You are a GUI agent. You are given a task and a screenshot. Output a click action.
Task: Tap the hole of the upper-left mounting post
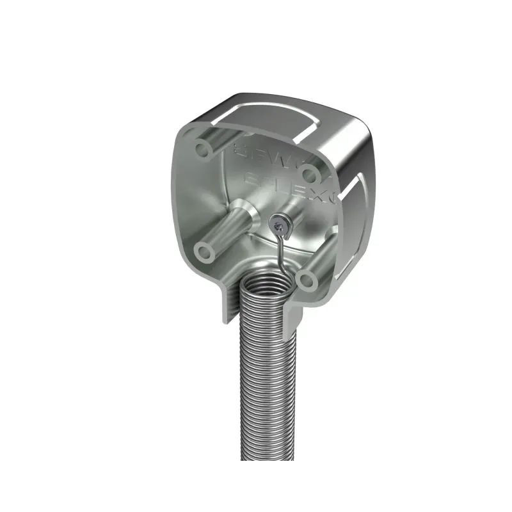[203, 150]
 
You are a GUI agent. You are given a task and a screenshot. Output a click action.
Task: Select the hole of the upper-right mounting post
[309, 173]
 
